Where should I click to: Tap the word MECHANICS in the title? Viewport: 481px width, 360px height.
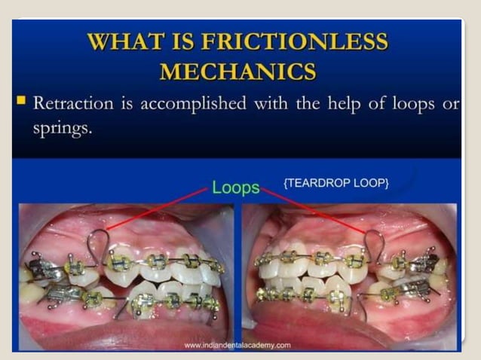tap(237, 72)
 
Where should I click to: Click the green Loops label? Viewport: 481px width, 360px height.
tap(235, 187)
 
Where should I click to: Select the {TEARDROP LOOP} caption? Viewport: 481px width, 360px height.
tap(336, 183)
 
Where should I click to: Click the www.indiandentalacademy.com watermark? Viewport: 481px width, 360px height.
tap(237, 345)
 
